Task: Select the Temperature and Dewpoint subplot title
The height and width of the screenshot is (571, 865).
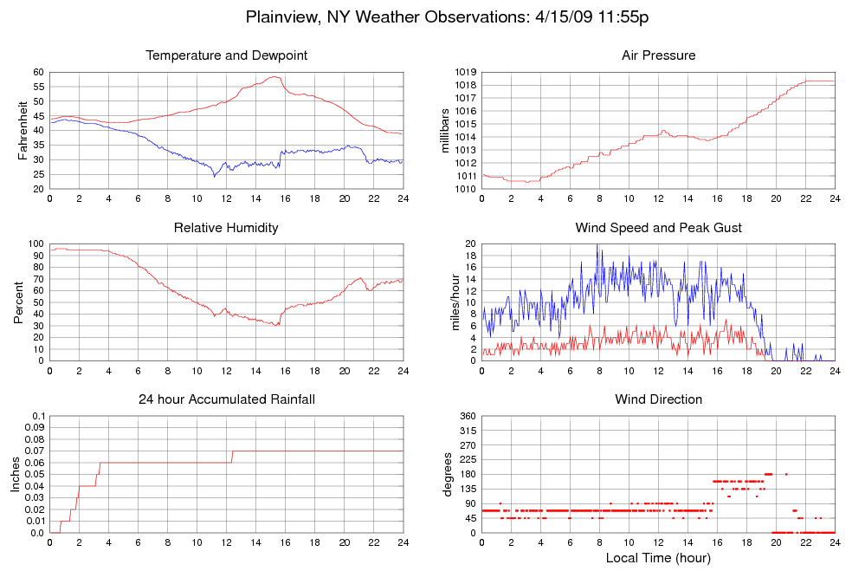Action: [x=227, y=55]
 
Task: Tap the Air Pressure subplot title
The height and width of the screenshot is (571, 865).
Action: [x=658, y=55]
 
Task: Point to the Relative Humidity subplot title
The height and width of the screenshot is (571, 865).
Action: [x=227, y=228]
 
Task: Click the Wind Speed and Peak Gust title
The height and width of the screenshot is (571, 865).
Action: [x=658, y=228]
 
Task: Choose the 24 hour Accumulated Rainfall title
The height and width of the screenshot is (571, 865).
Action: [x=227, y=399]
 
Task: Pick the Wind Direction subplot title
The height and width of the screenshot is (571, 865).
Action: [x=658, y=399]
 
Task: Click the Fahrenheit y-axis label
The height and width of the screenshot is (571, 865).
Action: [x=23, y=131]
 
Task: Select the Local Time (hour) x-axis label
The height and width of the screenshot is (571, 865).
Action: [x=658, y=557]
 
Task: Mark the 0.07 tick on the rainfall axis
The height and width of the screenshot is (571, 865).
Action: [x=34, y=451]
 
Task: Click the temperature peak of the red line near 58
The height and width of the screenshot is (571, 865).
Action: [x=275, y=77]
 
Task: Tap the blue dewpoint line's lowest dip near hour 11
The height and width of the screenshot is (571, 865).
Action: [x=215, y=177]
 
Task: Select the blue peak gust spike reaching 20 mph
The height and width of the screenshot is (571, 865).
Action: [x=597, y=245]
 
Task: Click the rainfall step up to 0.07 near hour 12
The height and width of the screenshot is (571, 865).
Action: [x=232, y=456]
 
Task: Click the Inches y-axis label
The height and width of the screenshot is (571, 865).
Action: [x=16, y=475]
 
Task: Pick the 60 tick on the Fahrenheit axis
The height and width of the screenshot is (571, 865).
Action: [x=38, y=72]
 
